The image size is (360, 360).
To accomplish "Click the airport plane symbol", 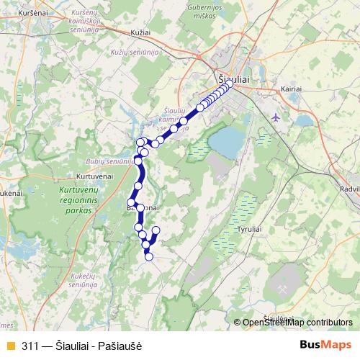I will click(x=277, y=117).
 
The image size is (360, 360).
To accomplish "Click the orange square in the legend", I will click(x=10, y=345).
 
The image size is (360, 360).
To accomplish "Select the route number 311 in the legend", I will click(x=31, y=345).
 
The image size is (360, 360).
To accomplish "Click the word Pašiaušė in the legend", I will click(x=122, y=345).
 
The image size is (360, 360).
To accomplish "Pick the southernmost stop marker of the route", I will click(x=149, y=256).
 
